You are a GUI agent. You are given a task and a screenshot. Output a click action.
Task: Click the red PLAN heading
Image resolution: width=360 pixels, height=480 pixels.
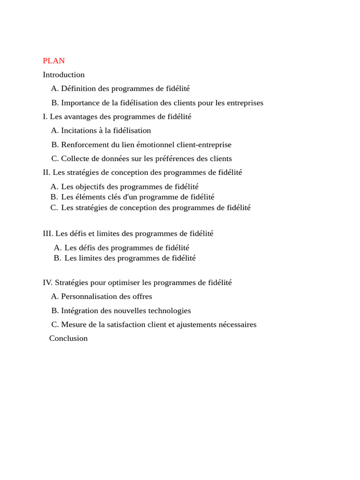54,61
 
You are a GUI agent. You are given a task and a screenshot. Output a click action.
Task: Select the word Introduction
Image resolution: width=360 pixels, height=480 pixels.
64,75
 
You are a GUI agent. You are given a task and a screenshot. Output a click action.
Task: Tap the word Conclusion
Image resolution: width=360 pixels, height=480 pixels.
68,338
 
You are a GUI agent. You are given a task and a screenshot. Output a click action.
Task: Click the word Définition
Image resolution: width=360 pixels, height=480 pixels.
78,89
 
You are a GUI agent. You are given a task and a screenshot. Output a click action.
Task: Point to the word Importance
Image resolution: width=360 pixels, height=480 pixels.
80,103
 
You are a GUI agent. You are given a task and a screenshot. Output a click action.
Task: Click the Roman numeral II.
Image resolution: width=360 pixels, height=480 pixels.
46,172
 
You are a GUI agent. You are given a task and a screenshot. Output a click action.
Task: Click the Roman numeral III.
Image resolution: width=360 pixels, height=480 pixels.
48,233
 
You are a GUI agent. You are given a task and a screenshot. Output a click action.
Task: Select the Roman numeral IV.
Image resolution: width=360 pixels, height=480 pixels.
47,283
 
